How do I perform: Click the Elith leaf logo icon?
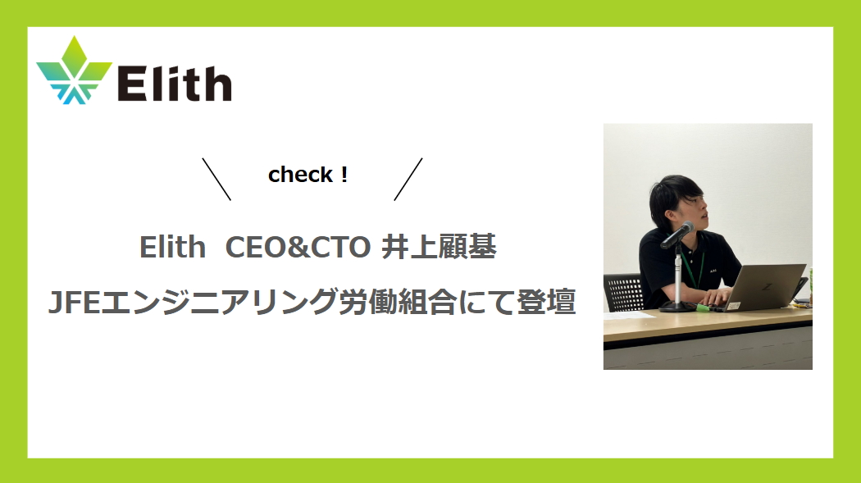click(74, 71)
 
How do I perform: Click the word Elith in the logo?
click(175, 84)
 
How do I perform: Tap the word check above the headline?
click(300, 175)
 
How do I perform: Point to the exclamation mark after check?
click(344, 175)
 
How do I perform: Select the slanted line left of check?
click(216, 180)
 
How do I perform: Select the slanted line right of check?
click(408, 180)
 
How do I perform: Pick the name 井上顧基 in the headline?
click(439, 247)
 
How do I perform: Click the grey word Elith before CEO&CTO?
click(172, 247)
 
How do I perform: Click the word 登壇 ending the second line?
click(546, 301)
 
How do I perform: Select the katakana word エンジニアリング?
click(219, 302)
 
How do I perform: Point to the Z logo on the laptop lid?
click(767, 287)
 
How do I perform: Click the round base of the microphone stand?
click(678, 306)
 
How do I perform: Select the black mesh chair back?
click(624, 292)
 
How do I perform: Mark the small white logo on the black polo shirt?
click(714, 270)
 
